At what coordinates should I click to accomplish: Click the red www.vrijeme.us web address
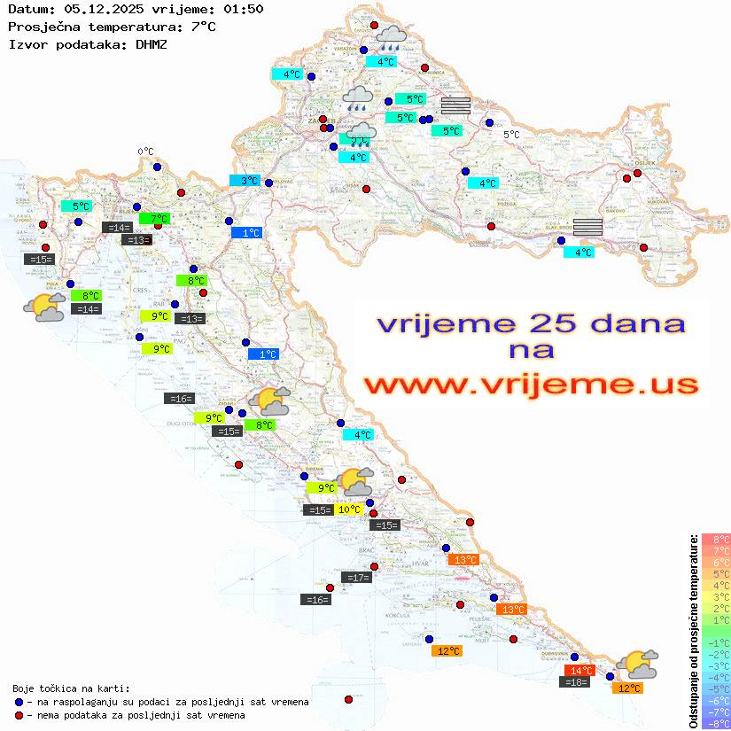tap(530, 385)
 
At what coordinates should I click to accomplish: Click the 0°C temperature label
tap(145, 152)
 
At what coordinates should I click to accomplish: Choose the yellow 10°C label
tap(348, 509)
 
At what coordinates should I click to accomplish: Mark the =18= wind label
tap(576, 682)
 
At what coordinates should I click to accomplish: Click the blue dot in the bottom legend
tap(19, 702)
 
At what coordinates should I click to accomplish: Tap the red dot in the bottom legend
tap(19, 715)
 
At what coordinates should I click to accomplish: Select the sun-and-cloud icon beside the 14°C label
tap(637, 664)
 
